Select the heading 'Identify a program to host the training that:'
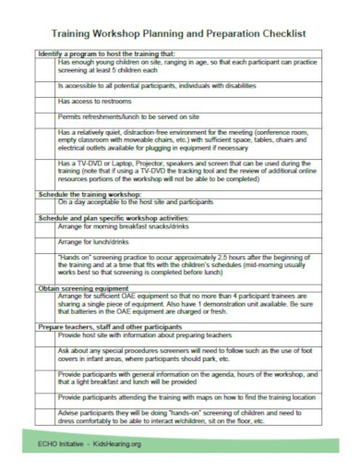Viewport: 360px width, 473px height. [x=106, y=54]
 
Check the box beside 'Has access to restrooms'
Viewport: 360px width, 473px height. [x=46, y=99]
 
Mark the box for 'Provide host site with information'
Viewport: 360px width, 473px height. [x=46, y=336]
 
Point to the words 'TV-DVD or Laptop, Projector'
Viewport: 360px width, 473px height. [x=125, y=162]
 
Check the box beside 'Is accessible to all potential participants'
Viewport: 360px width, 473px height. [x=46, y=83]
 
